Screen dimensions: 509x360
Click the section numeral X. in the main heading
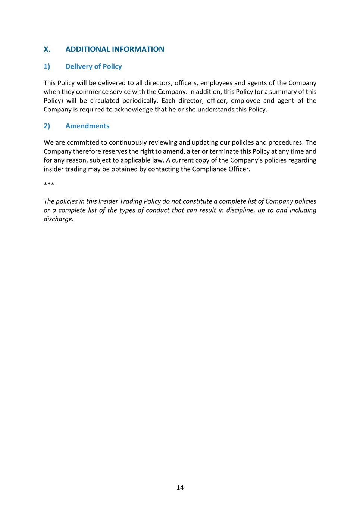(x=47, y=49)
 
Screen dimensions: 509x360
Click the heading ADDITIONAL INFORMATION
(x=115, y=49)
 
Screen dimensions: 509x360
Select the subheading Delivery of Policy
(x=94, y=66)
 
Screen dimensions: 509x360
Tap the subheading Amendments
(x=87, y=126)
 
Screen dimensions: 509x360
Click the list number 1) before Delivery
(x=47, y=66)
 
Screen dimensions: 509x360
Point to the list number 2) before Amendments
(x=47, y=126)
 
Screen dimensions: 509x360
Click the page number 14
(x=180, y=487)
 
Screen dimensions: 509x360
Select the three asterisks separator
(x=49, y=185)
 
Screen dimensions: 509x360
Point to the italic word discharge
(x=58, y=219)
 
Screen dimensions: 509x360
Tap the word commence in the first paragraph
(x=92, y=92)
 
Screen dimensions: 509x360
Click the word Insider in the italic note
(x=108, y=201)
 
